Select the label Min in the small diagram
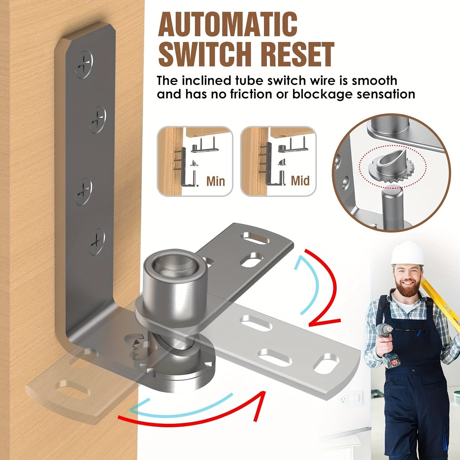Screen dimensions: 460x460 point(215,181)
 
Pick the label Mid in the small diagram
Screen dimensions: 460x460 point(300,181)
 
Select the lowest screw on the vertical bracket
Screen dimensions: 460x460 point(97,242)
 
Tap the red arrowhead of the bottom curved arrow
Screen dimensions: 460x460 point(259,405)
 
